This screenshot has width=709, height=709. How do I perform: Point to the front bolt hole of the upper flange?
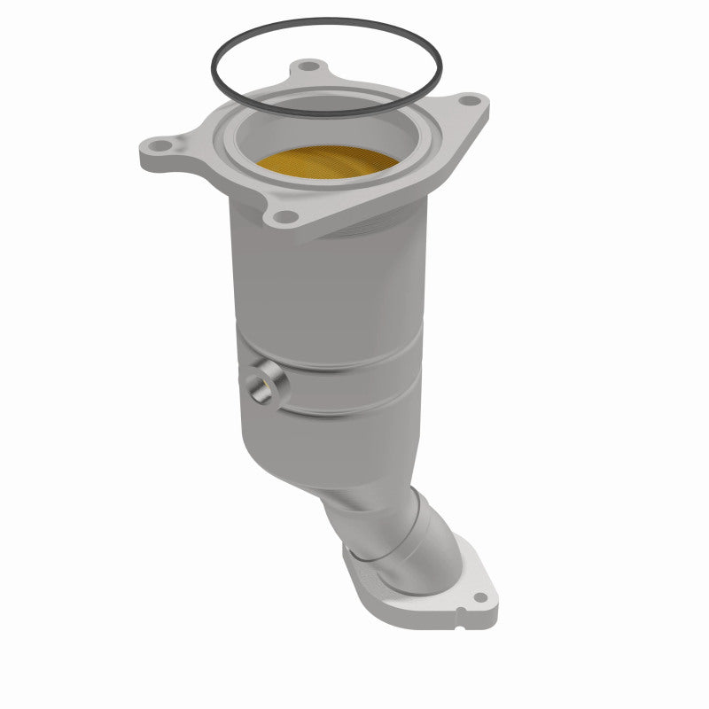[284, 215]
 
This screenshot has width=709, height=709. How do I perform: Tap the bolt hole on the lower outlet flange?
[479, 597]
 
